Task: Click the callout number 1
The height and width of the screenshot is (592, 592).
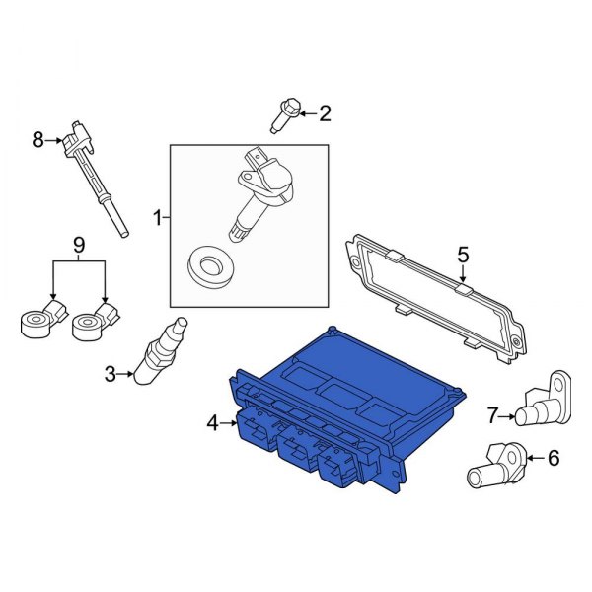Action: [x=156, y=215]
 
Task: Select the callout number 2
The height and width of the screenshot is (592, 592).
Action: [x=325, y=114]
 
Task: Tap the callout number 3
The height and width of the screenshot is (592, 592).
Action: [x=111, y=373]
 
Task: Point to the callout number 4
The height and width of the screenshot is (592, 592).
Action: [x=211, y=424]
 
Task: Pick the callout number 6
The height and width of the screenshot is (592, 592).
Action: [x=553, y=457]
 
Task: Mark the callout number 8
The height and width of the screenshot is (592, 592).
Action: [x=38, y=140]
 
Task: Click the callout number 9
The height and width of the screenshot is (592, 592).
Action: [x=79, y=244]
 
